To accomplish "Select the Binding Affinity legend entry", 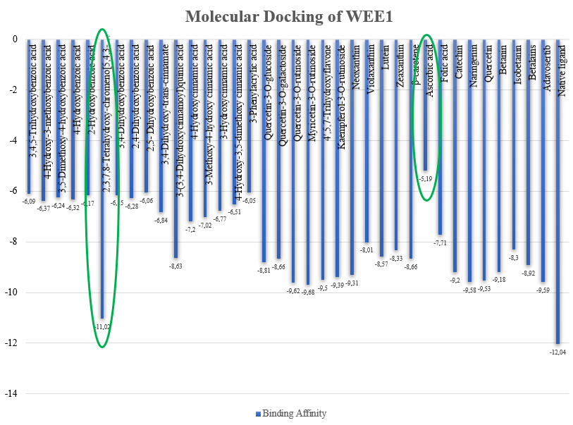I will pos(287,413).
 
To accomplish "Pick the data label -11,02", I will pos(102,326).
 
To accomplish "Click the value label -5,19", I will pos(426,179).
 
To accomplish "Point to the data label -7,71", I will pos(441,242).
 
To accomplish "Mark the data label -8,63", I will pos(176,266).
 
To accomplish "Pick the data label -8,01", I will pos(366,250).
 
